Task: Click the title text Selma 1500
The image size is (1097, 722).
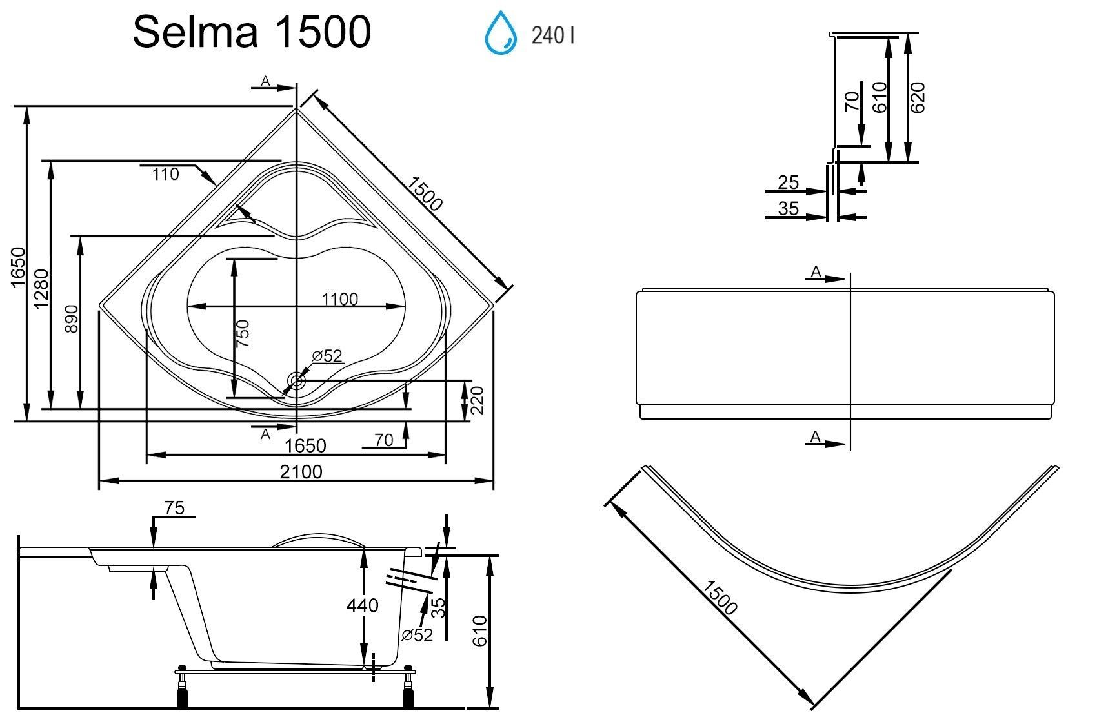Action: coord(252,32)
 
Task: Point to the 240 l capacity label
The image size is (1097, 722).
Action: coord(552,35)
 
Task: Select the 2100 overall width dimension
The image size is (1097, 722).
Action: coord(301,472)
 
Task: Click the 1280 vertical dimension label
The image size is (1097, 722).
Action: coord(41,288)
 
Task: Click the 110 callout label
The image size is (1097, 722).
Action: coord(166,174)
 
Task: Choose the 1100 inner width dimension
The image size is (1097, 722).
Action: coord(340,299)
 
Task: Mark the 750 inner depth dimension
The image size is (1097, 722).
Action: coord(243,334)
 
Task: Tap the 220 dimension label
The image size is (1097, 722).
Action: coord(477,400)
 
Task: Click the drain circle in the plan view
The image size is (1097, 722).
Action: coord(297,381)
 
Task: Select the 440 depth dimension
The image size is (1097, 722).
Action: coord(363,605)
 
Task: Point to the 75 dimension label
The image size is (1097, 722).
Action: coord(174,508)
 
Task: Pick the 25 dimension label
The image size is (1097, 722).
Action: coord(788,183)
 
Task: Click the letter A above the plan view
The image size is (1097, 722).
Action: coord(265,81)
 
